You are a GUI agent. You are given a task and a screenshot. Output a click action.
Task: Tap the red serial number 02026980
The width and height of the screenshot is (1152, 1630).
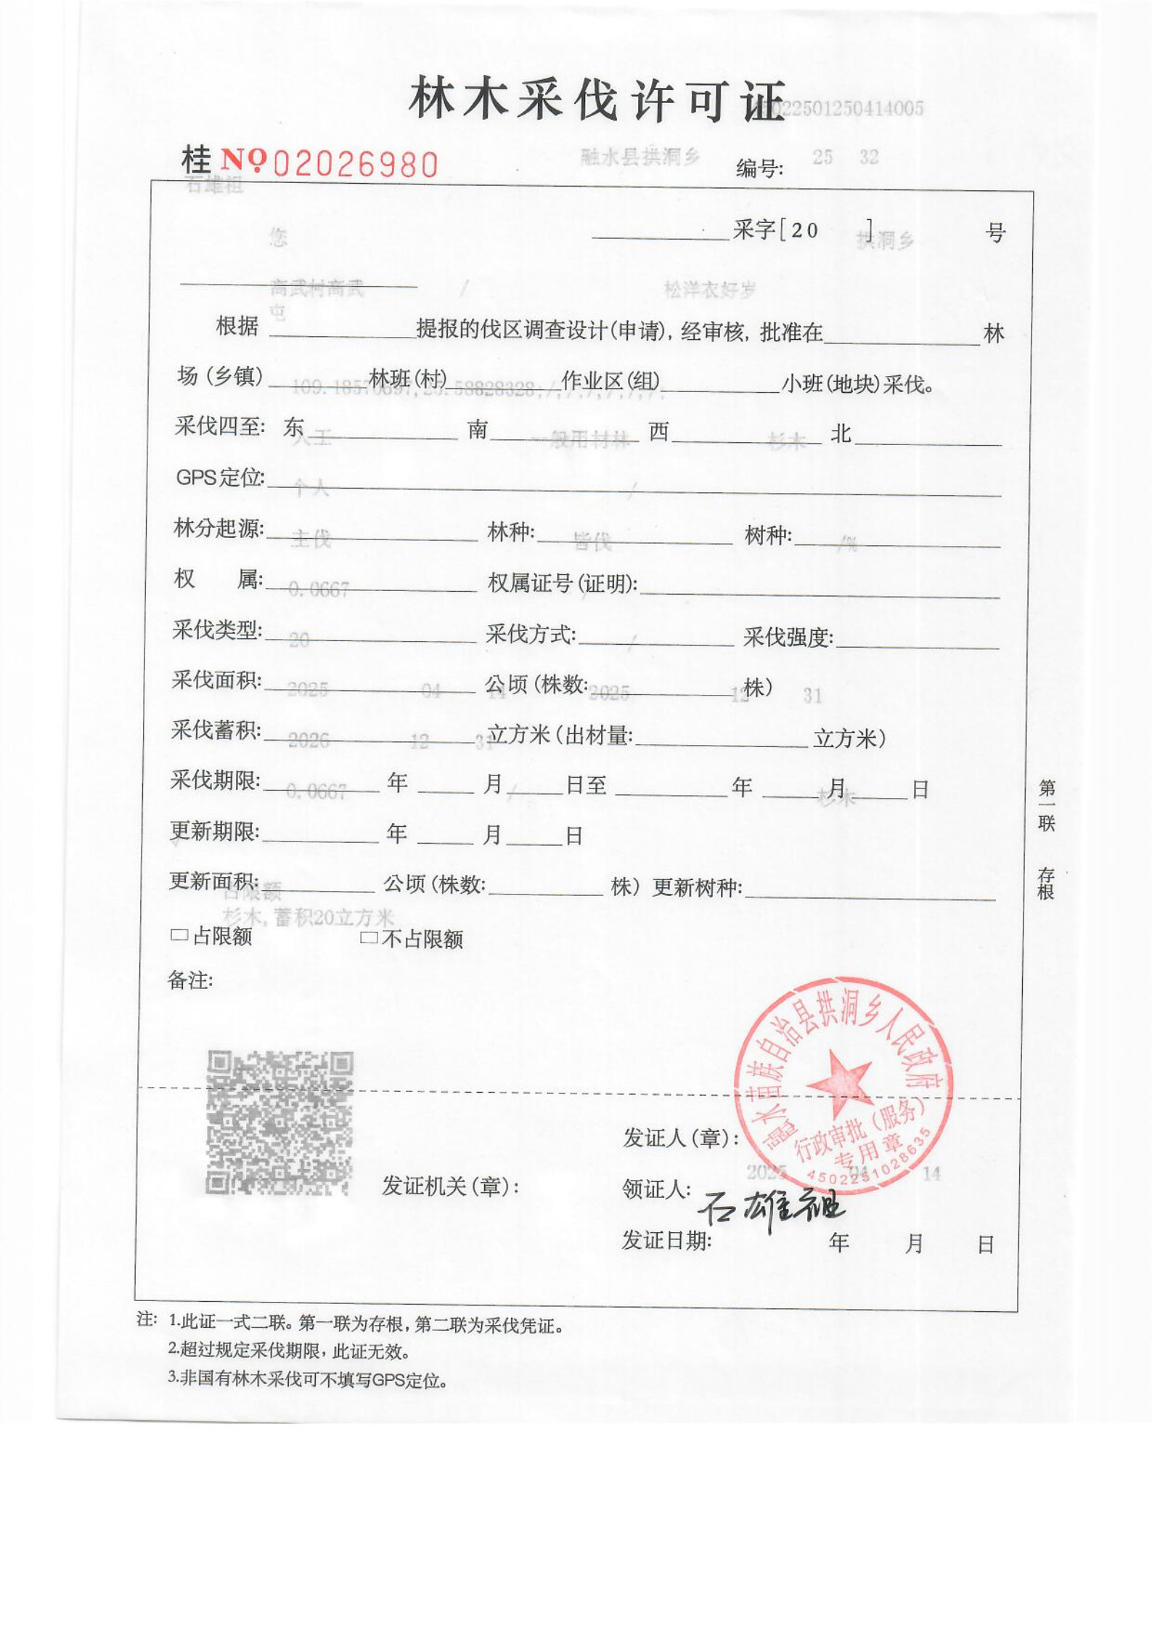tap(356, 165)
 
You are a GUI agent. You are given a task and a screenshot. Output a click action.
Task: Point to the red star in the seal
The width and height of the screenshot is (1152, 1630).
tap(840, 1079)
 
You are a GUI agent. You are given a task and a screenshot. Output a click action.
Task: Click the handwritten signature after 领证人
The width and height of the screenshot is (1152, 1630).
tap(771, 1206)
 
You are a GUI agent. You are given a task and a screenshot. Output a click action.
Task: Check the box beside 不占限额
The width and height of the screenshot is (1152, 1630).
tap(368, 938)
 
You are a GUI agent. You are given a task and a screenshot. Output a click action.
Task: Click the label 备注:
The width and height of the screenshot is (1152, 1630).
tap(190, 981)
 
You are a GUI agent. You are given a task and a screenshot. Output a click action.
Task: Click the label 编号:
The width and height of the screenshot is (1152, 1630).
tap(759, 169)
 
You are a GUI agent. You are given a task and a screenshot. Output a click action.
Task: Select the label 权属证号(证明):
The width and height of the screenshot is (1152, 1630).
tap(563, 583)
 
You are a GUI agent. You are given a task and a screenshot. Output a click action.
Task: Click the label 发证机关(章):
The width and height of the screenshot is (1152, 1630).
tap(451, 1186)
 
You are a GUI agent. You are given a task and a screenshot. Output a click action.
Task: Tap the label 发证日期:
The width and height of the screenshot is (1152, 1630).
tap(666, 1241)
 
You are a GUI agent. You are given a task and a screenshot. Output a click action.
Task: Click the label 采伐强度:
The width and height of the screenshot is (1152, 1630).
tap(788, 637)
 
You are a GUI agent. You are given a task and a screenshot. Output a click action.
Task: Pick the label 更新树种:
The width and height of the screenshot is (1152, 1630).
tap(697, 887)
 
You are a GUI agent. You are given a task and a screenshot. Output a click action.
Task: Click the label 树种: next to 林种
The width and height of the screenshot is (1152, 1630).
tap(768, 536)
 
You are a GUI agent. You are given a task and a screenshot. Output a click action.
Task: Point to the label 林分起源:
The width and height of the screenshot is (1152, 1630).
tap(218, 529)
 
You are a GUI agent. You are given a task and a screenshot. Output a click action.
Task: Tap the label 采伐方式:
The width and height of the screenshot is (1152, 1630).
tap(531, 635)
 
